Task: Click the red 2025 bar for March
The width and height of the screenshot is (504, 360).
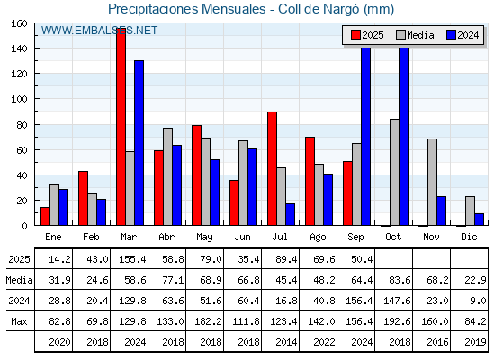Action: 121,127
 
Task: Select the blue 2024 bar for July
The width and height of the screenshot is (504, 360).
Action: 290,214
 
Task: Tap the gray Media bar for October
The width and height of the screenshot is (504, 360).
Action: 394,172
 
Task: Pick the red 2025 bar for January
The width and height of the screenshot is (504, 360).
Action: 45,216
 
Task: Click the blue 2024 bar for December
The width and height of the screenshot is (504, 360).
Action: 479,220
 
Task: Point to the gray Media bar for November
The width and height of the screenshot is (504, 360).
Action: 432,182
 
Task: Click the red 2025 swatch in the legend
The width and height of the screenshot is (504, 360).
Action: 355,35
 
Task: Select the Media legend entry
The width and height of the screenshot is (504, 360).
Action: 415,35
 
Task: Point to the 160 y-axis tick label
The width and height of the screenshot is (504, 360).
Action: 19,23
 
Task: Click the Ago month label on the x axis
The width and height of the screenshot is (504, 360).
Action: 318,238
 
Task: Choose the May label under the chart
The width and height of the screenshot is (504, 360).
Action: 204,238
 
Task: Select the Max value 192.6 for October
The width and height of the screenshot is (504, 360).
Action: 397,321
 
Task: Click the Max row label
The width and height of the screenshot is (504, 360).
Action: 19,321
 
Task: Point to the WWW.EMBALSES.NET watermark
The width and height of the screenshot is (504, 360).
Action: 99,31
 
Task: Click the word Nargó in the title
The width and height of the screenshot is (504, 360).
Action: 341,9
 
